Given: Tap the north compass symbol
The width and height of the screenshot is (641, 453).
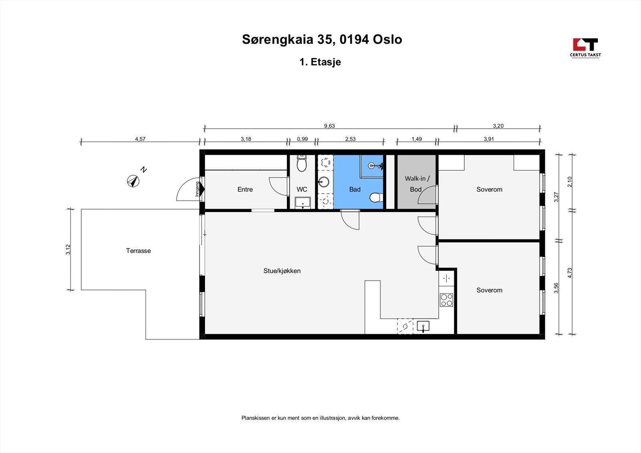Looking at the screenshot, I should tap(133, 181).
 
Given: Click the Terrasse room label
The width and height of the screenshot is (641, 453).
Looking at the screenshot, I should tap(138, 251).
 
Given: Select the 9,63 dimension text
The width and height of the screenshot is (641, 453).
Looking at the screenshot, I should tap(329, 126).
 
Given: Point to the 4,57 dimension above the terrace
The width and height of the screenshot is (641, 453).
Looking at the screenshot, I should tap(140, 139).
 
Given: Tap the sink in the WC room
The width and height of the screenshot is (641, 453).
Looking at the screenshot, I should tap(302, 202).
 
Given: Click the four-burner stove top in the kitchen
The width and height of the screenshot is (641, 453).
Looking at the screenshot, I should tap(446, 300).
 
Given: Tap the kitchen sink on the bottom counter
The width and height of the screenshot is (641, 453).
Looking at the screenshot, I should tap(423, 327).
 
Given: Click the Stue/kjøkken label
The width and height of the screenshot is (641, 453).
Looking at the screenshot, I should tap(282, 271).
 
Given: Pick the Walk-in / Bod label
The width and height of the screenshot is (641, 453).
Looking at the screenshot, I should tap(417, 184).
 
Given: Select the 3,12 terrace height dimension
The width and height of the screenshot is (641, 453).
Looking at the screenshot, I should tap(69, 249).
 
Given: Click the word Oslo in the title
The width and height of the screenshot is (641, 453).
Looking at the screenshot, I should tap(387, 39).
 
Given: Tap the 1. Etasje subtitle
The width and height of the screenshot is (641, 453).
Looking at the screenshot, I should tap(320, 62).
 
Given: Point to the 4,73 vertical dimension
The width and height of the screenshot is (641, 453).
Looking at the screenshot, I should tap(570, 273).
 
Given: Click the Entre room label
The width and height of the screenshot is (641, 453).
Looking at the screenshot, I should tap(245, 190).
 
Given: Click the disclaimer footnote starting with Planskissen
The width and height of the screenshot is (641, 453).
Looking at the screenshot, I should tap(320, 418).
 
